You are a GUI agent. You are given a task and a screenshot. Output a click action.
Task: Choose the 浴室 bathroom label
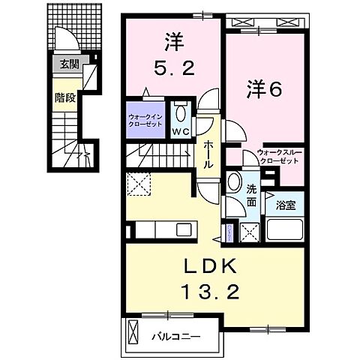pos(284,203)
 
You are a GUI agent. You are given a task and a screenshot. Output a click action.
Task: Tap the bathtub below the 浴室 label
pos(283,232)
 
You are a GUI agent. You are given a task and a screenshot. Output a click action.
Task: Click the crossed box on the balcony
pos(133,331)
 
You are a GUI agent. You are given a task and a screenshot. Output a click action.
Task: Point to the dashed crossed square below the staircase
pos(137,183)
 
